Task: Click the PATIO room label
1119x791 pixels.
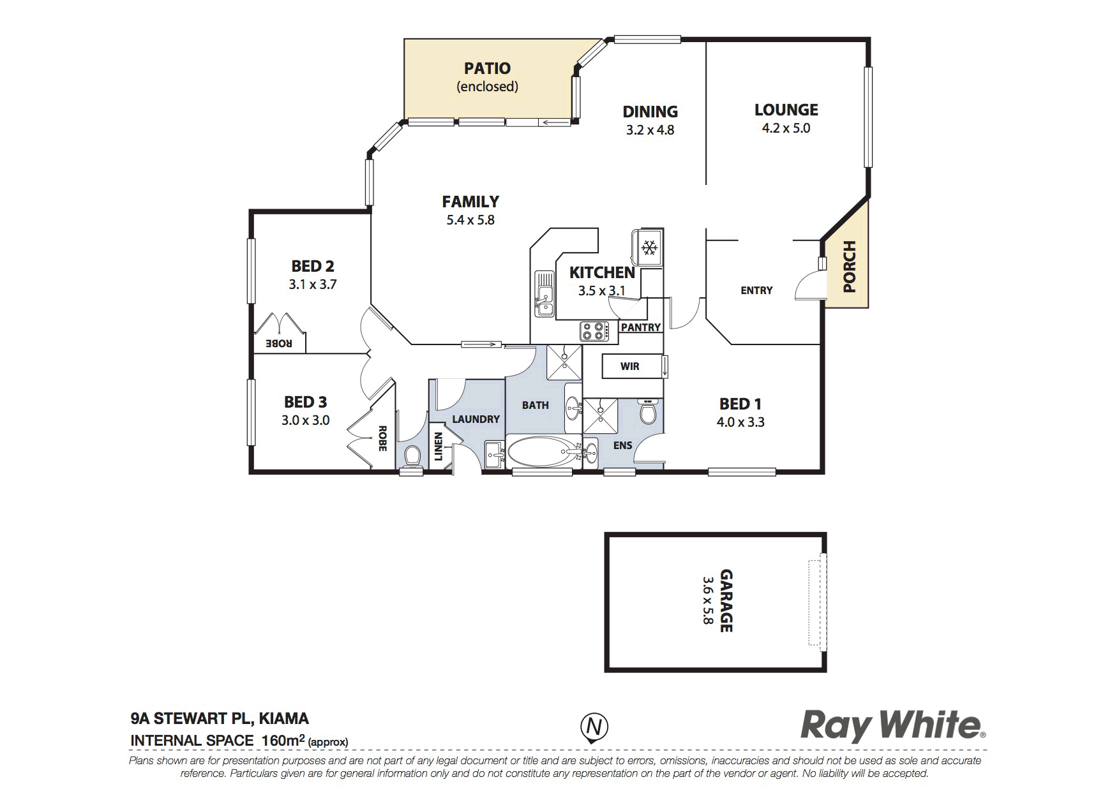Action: pos(487,68)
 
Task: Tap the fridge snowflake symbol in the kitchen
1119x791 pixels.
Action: pos(650,247)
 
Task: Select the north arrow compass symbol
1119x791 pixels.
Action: pos(594,728)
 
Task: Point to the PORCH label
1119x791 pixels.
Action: pos(848,267)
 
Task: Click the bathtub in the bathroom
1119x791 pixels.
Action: pos(543,452)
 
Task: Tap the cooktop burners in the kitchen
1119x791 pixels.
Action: pos(593,331)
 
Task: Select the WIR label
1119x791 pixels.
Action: pos(629,367)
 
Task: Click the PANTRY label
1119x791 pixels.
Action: pos(641,327)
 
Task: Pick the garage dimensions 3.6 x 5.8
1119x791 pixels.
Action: pos(707,600)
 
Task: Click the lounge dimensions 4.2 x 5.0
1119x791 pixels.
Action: pos(786,128)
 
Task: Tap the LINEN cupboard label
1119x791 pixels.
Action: pos(439,447)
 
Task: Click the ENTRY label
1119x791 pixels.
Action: pos(756,290)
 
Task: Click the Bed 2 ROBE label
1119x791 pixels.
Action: pos(279,343)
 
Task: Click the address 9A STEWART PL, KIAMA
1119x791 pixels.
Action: pos(220,719)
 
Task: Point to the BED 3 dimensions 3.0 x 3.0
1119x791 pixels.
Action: pos(306,420)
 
